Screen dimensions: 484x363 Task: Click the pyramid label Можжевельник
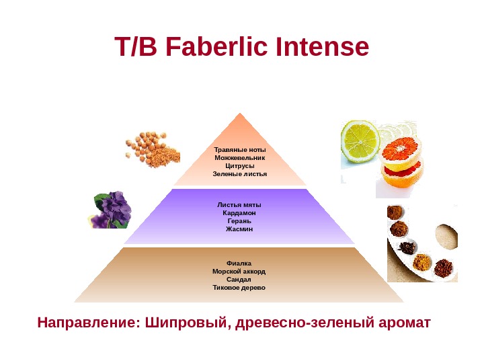[240, 157]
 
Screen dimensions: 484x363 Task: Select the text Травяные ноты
[240, 149]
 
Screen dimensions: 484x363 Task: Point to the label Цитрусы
[240, 165]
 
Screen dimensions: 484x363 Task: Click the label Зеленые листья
[240, 173]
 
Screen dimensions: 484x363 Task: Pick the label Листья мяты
[239, 205]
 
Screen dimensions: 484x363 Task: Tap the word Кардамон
[239, 213]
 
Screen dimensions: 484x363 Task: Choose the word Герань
[239, 221]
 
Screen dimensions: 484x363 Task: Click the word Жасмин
[239, 229]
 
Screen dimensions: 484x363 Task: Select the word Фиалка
[239, 264]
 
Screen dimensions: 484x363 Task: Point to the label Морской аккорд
[239, 272]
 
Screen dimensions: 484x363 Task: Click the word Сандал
[239, 280]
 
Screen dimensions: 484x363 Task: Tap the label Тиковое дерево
[239, 288]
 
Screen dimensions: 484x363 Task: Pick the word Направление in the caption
[86, 324]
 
